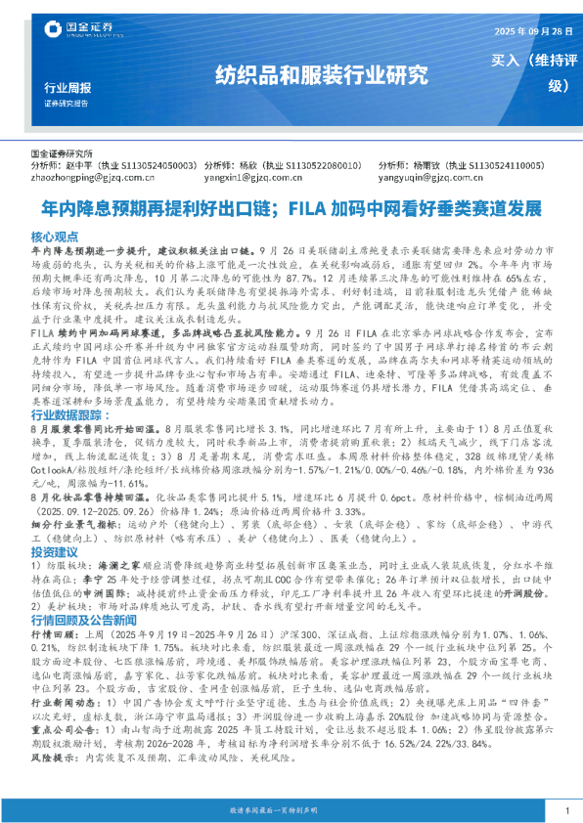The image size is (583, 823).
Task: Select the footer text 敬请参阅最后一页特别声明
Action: click(x=291, y=810)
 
